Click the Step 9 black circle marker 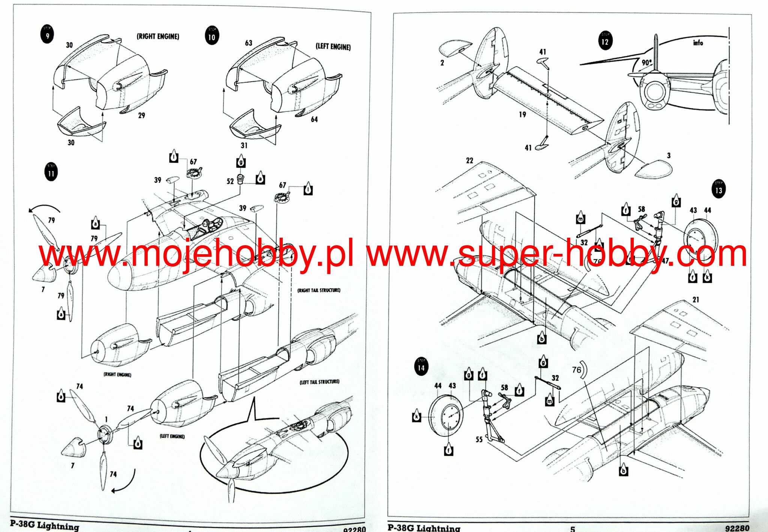(47, 34)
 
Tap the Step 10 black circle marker (212, 36)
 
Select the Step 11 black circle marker (51, 172)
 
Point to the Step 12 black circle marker (605, 40)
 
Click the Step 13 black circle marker (718, 189)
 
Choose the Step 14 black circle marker (421, 367)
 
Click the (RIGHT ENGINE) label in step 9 (158, 36)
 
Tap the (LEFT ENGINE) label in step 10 (333, 46)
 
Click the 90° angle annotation (646, 62)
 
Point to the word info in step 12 (698, 43)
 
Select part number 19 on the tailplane (522, 114)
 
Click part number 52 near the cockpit (230, 181)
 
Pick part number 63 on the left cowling (249, 43)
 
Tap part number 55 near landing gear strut (479, 439)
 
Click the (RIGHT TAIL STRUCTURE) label (319, 290)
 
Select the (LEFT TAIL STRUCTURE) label (319, 382)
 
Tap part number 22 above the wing (469, 160)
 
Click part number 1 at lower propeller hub (106, 419)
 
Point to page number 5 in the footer (572, 529)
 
